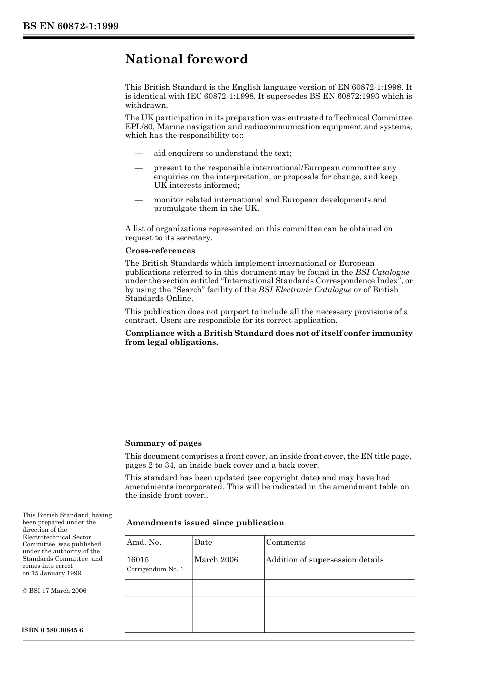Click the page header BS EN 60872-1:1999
click(x=70, y=26)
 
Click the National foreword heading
click(x=186, y=59)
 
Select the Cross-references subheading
click(x=160, y=251)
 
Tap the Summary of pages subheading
click(x=164, y=443)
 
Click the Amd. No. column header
click(x=144, y=542)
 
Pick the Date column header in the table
click(x=203, y=542)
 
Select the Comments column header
click(x=286, y=542)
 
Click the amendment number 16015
click(x=138, y=560)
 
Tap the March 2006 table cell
click(x=216, y=560)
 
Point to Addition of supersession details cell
click(x=325, y=560)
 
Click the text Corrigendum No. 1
click(x=155, y=569)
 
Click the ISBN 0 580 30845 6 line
click(x=53, y=630)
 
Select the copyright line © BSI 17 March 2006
click(x=54, y=591)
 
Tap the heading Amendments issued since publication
click(x=205, y=523)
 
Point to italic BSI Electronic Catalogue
click(x=305, y=290)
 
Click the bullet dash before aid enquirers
click(x=138, y=153)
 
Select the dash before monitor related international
click(x=138, y=200)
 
